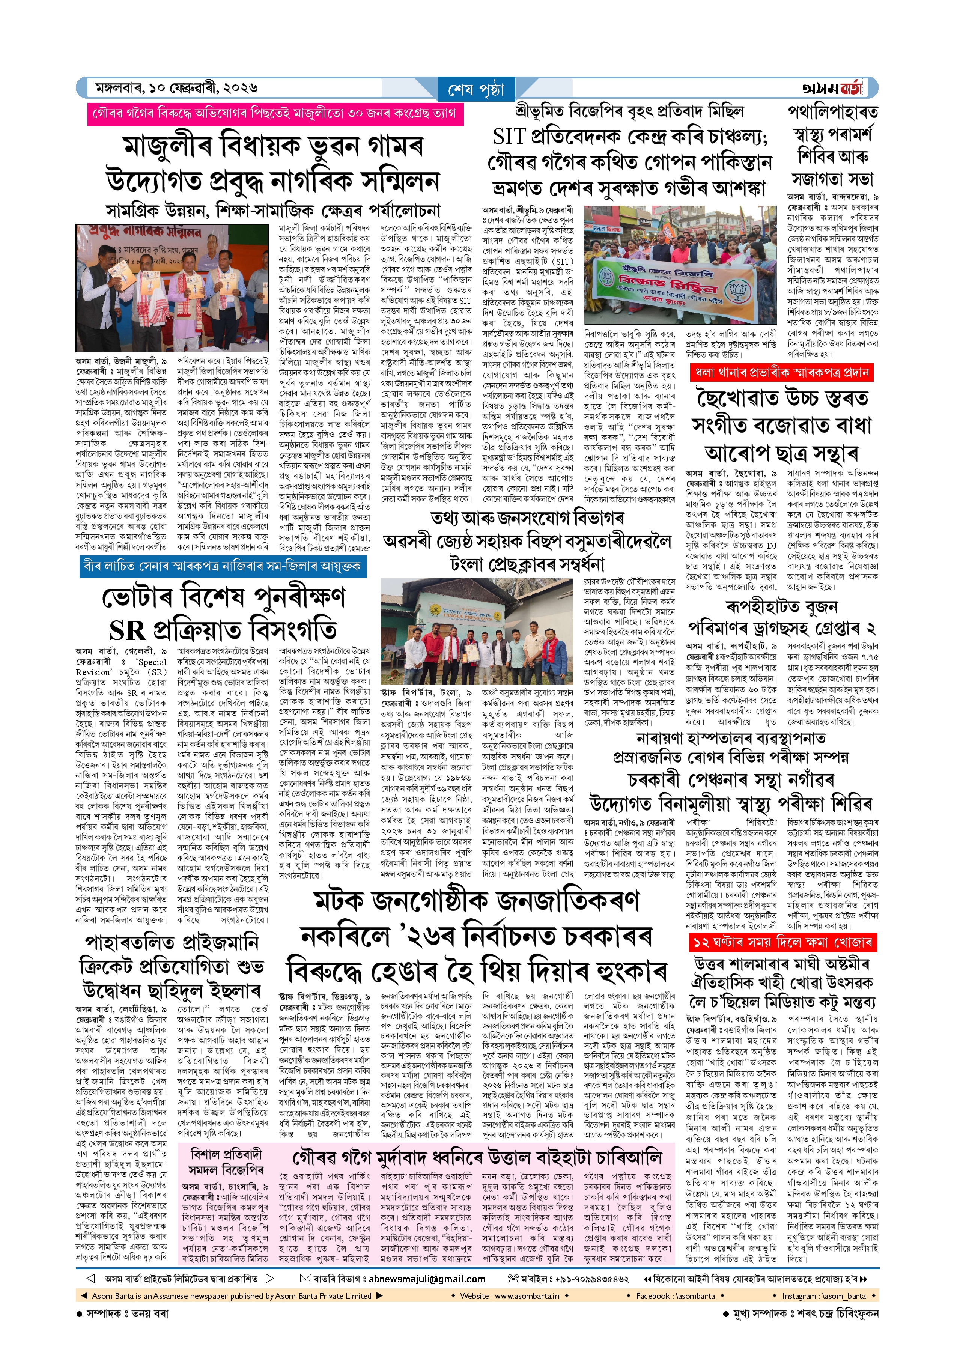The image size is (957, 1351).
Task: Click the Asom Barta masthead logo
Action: click(832, 88)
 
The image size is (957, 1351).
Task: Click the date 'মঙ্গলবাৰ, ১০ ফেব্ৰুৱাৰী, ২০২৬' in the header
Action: click(176, 88)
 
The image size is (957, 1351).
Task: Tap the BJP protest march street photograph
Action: click(680, 265)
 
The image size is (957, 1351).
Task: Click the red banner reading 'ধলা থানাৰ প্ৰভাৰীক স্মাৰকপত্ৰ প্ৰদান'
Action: click(781, 372)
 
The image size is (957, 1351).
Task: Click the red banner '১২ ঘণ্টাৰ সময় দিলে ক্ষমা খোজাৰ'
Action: click(782, 943)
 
